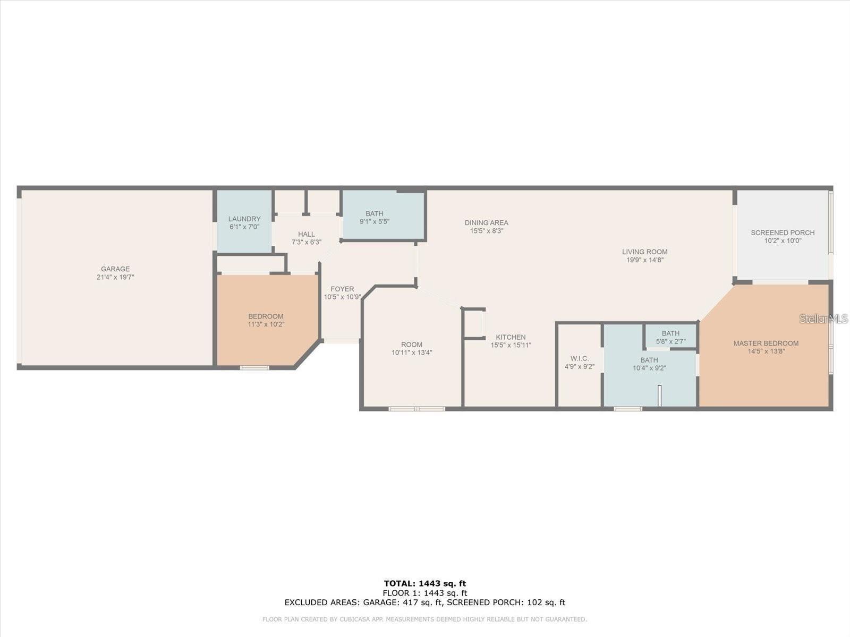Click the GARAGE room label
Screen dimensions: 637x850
[115, 269]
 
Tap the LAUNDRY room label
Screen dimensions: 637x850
[244, 219]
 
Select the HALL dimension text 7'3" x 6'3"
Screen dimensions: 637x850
[307, 242]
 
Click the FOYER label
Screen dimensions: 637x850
[342, 289]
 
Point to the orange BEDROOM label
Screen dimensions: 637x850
[266, 316]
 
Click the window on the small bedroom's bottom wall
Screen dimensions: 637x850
[254, 367]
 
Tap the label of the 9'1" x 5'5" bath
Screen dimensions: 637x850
[374, 214]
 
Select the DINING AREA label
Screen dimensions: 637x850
[486, 223]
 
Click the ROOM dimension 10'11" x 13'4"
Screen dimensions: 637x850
[412, 352]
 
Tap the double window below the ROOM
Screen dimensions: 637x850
[416, 409]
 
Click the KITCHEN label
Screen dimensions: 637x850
[511, 337]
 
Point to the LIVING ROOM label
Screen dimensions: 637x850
[645, 252]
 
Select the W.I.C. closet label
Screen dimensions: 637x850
[579, 359]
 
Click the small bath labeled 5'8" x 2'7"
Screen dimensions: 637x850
[670, 337]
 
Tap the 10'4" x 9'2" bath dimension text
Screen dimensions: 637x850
[649, 368]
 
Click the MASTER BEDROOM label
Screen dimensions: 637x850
[766, 343]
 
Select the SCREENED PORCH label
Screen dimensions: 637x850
[783, 233]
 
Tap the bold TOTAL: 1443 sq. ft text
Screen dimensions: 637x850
[425, 583]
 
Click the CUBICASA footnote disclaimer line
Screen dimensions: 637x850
[425, 619]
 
